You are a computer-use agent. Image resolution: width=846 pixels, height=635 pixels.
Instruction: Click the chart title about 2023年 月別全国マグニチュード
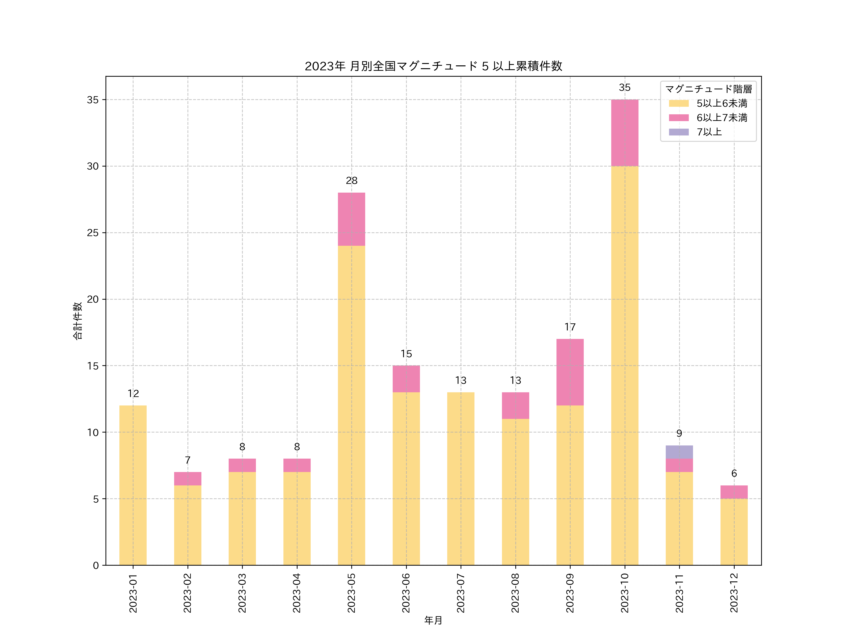[x=433, y=66]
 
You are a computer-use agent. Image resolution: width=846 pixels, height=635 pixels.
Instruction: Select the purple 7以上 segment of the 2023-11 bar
[x=679, y=452]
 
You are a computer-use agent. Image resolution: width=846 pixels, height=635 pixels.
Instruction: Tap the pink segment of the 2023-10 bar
[x=625, y=133]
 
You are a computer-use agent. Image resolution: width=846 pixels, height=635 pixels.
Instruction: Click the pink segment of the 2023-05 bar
[x=352, y=219]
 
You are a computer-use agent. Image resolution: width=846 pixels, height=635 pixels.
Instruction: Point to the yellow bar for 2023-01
[x=133, y=485]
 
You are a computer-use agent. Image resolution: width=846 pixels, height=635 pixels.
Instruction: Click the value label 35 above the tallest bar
[x=625, y=88]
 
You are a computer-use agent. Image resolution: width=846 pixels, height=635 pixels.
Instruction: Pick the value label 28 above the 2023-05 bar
[x=352, y=181]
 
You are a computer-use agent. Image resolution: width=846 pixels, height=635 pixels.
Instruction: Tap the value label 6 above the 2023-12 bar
[x=734, y=473]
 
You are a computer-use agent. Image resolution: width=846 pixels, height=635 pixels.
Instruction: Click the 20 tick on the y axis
[x=93, y=299]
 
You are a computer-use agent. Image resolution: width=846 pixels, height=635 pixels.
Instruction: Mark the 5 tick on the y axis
[x=96, y=499]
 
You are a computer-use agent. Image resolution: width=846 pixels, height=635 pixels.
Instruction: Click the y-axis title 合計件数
[x=77, y=321]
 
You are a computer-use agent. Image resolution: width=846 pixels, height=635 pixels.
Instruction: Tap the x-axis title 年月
[x=433, y=620]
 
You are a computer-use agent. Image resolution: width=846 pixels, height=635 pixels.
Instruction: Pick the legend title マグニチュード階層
[x=708, y=89]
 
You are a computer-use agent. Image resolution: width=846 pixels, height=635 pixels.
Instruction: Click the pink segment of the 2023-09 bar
[x=570, y=372]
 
